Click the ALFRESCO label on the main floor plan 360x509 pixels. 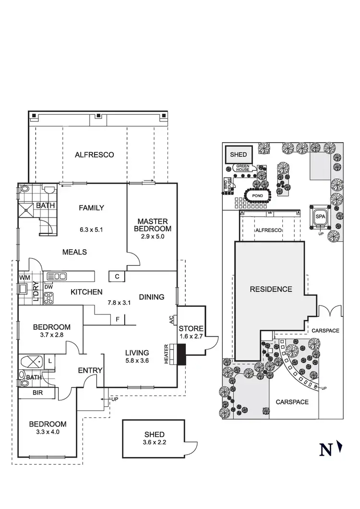[x=94, y=155]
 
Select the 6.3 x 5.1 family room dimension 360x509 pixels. [x=91, y=230]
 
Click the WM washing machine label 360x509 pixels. [x=24, y=278]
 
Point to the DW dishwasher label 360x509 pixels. [x=48, y=287]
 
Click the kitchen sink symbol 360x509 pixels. [x=57, y=276]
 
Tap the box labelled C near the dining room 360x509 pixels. [x=117, y=276]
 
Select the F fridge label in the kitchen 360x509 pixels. [x=118, y=319]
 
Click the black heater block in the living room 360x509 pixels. [x=181, y=356]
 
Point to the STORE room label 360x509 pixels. [x=192, y=328]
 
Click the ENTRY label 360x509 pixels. [x=90, y=370]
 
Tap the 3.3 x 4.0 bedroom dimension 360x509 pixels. [x=47, y=432]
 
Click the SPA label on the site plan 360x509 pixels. [x=320, y=217]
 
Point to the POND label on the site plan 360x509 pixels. [x=258, y=196]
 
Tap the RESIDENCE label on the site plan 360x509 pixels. [x=270, y=289]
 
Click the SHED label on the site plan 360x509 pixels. [x=239, y=155]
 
